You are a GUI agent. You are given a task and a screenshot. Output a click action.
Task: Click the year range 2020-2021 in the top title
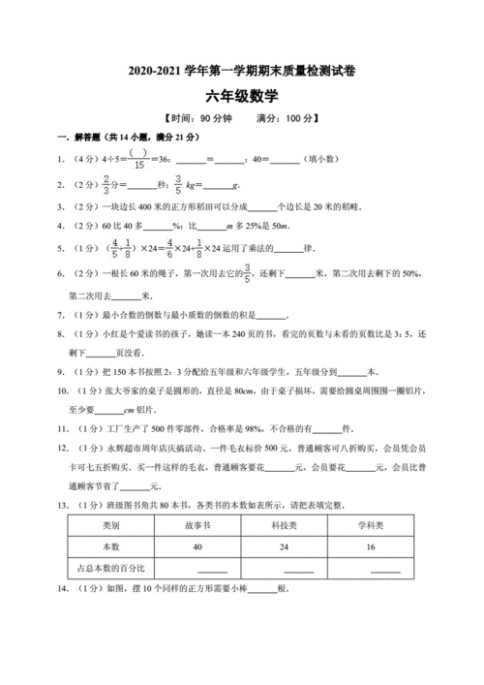point(153,71)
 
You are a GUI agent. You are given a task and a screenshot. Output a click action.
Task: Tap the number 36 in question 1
point(166,158)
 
